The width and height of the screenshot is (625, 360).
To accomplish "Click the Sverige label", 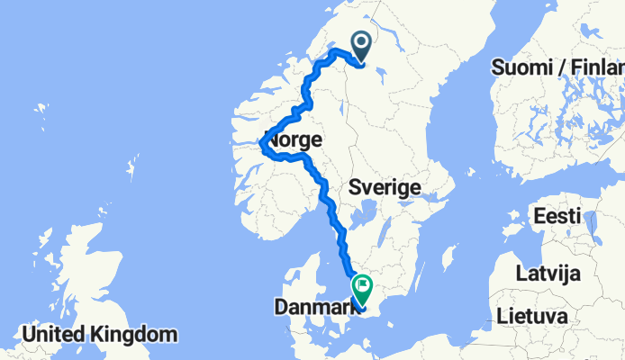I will tap(385, 188).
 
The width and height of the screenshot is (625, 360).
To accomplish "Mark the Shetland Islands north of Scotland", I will tap(132, 169).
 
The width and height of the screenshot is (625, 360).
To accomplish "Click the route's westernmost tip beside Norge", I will tap(261, 143).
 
